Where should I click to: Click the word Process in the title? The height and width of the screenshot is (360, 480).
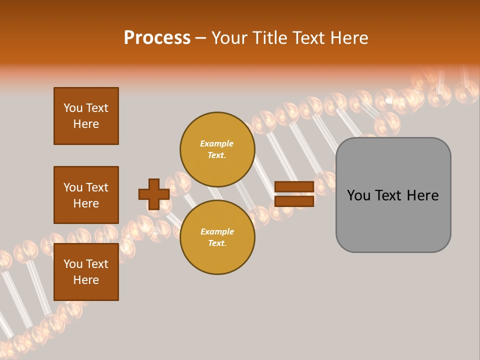157,38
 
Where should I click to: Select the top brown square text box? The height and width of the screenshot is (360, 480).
86,116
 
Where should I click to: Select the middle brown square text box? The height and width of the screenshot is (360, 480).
86,195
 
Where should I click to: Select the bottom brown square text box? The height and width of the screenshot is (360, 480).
86,272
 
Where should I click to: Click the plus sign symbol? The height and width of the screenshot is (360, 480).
154,194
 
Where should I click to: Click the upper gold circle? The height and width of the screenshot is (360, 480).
217,149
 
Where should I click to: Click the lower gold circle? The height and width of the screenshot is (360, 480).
217,237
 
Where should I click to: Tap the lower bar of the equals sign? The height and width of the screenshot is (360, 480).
294,201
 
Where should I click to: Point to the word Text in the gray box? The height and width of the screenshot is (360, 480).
389,195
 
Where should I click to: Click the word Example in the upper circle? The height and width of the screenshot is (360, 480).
217,144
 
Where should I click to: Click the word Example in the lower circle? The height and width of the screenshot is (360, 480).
217,232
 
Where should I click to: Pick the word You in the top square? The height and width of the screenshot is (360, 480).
73,108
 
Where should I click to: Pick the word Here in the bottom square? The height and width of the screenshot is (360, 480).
86,280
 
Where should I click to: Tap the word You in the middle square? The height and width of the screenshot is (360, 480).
73,187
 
